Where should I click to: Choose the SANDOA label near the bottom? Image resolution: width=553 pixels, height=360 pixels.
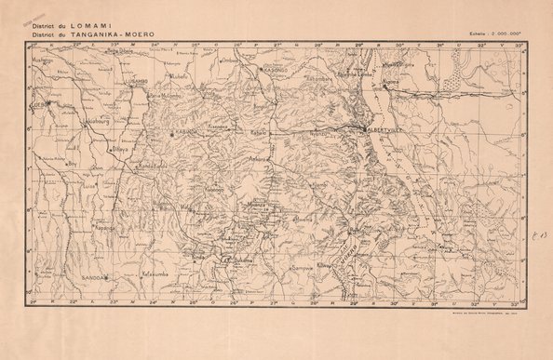(x=95, y=278)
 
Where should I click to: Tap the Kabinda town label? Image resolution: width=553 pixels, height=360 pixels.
(x=187, y=132)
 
